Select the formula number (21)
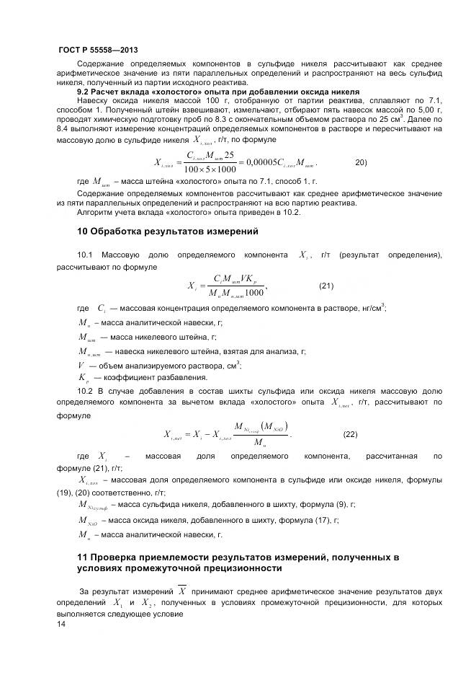tap(326, 286)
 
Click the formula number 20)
tap(362, 162)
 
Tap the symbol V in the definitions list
tap(81, 365)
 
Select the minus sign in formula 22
tap(214, 435)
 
